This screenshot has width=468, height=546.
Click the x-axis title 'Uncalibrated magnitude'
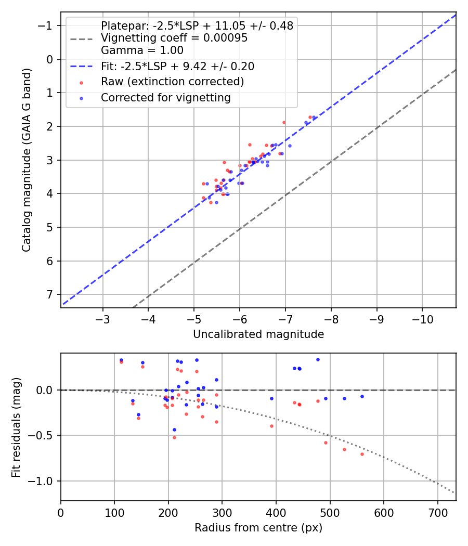258,334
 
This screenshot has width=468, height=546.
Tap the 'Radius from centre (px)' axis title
258,528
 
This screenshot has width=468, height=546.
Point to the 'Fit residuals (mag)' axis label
16,426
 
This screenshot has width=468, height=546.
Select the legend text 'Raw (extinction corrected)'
172,82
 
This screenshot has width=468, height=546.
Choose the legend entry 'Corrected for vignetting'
166,98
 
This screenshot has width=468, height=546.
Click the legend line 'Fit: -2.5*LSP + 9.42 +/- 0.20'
177,67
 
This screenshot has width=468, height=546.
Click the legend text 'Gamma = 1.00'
142,51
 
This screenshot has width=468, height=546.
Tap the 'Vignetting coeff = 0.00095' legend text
174,38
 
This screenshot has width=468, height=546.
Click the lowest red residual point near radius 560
362,454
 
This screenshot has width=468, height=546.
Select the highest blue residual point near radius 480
318,359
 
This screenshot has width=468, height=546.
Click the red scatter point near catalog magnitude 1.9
284,122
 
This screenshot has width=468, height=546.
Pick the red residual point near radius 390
271,426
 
